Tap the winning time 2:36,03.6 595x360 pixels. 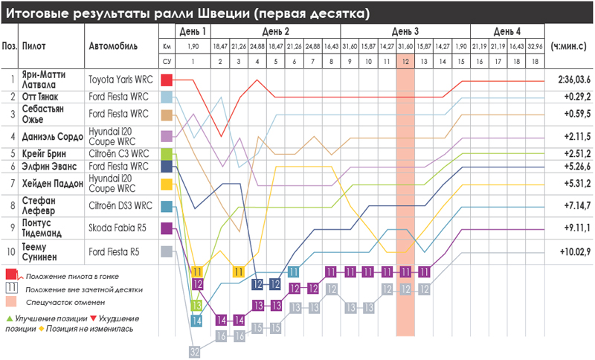pyautogui.click(x=569, y=80)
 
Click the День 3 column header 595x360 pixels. pyautogui.click(x=405, y=30)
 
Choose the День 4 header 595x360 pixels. pyautogui.click(x=507, y=30)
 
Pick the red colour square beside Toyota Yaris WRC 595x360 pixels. pyautogui.click(x=167, y=80)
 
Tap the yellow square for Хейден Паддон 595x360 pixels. pyautogui.click(x=167, y=184)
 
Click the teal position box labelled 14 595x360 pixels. pyautogui.click(x=197, y=321)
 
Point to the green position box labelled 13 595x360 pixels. pyautogui.click(x=197, y=305)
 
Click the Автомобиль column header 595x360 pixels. pyautogui.click(x=114, y=45)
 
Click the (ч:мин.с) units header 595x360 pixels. pyautogui.click(x=569, y=45)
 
